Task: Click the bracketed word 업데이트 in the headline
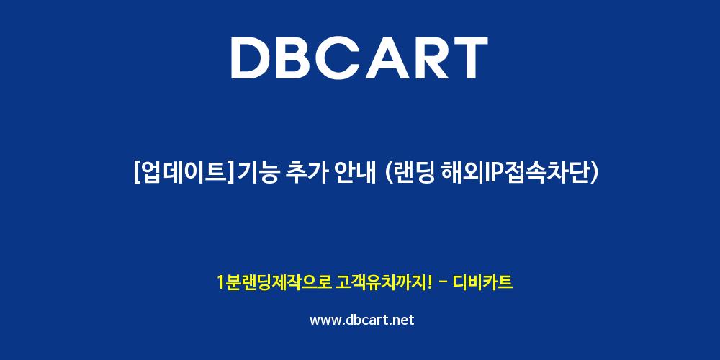point(184,174)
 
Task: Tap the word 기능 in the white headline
point(257,174)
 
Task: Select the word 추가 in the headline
point(305,174)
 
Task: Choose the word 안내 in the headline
point(353,174)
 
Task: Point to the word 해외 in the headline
point(460,174)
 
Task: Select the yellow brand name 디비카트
point(482,282)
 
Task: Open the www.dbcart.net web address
point(362,320)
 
